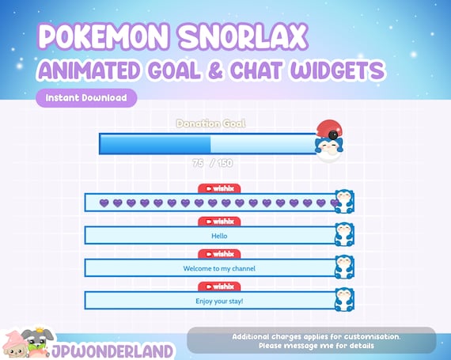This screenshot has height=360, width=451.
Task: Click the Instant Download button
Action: tap(86, 99)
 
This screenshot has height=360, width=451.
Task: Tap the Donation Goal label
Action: tap(210, 123)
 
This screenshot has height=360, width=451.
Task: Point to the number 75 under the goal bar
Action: tap(198, 162)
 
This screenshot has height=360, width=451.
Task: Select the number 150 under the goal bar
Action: tap(224, 162)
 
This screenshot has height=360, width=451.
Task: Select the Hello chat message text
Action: tap(219, 235)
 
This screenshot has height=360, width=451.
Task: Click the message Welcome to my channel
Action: tap(219, 268)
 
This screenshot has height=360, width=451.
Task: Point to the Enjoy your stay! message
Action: tap(219, 301)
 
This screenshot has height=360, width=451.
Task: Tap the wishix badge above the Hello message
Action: tap(219, 222)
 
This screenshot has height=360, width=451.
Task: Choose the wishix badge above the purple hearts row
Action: tap(219, 188)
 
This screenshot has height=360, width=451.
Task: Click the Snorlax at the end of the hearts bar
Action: tap(344, 201)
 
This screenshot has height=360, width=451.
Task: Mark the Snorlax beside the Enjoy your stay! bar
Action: tap(344, 299)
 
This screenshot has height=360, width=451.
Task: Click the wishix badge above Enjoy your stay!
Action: tap(219, 286)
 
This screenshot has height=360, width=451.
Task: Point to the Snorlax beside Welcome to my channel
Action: tap(344, 267)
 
